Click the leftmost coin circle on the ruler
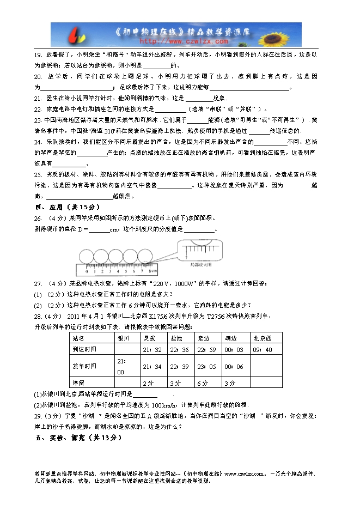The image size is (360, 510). click(x=87, y=255)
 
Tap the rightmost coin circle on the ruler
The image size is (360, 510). click(x=144, y=255)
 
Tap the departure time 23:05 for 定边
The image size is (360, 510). click(x=208, y=367)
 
